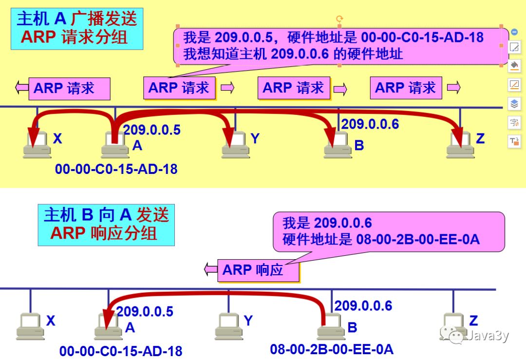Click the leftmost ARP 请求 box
69,89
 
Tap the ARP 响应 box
258,270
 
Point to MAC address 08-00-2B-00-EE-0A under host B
332,349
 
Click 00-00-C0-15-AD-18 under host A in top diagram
116,169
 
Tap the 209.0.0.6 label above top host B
370,124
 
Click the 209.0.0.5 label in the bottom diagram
145,311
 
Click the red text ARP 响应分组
104,233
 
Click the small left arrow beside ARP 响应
210,268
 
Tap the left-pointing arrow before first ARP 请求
22,88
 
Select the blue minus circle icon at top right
514,32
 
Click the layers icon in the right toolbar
514,103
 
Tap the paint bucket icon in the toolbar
514,65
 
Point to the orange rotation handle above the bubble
339,19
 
